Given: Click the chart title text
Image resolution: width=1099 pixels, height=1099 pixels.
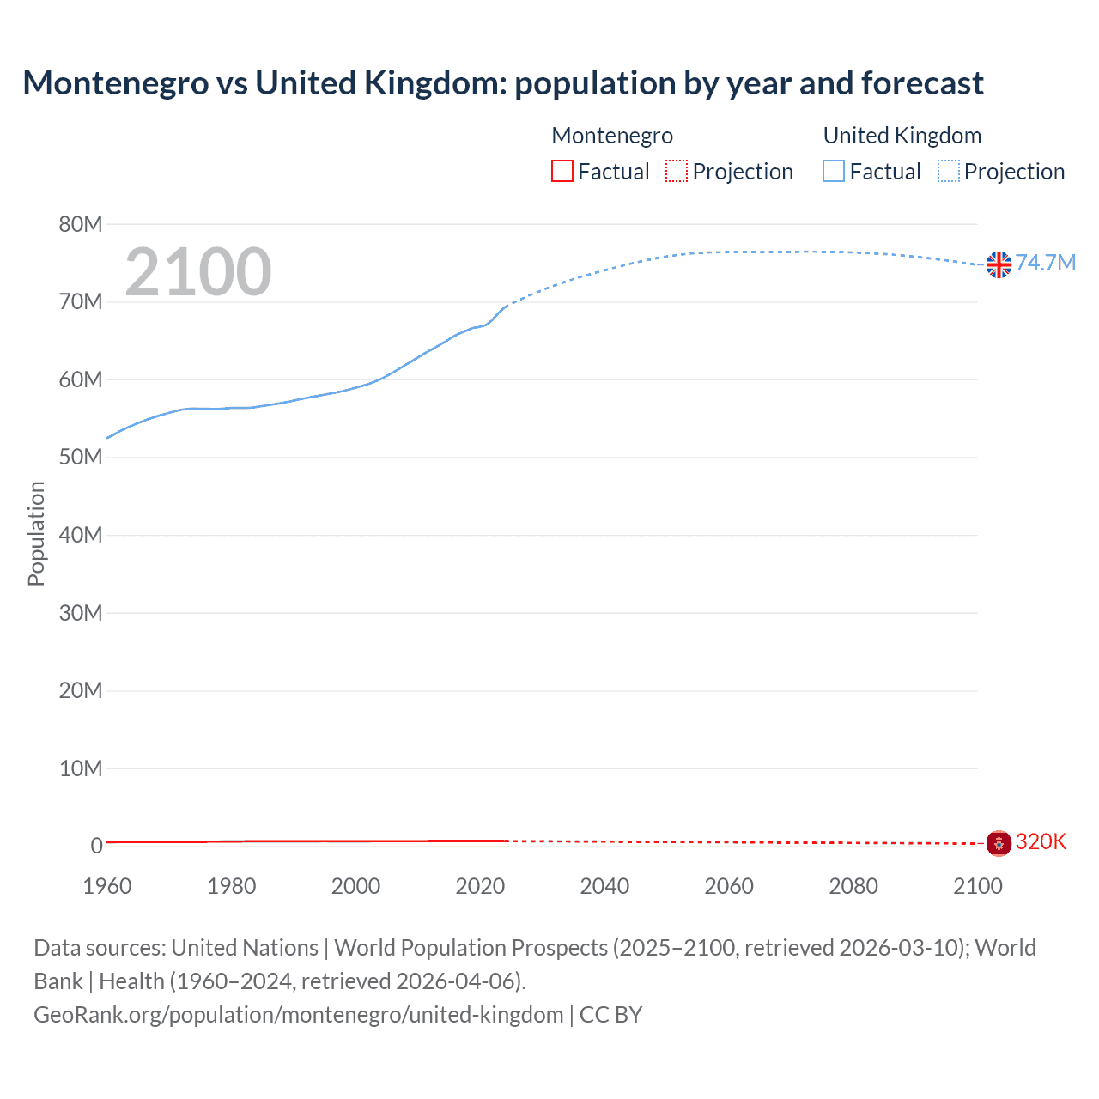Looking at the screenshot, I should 503,83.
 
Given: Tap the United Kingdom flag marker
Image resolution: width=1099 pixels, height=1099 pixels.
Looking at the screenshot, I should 999,264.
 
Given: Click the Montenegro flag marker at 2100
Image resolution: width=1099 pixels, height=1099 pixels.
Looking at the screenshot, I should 999,843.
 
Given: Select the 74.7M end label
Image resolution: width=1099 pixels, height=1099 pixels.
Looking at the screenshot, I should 1045,263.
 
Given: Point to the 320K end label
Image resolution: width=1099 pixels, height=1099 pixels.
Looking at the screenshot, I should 1041,841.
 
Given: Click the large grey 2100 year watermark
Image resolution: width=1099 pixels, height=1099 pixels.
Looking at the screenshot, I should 198,272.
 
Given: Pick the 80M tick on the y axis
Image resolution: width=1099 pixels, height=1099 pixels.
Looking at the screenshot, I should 81,224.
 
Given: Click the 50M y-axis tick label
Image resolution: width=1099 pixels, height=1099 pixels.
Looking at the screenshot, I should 81,457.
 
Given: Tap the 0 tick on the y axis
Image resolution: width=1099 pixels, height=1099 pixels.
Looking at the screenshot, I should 96,846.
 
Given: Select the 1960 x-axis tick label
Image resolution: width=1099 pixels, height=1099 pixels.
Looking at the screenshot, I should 107,886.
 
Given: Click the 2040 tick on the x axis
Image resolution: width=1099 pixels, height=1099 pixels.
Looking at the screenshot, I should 604,886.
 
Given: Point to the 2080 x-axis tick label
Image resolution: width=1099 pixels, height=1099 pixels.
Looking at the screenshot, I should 853,886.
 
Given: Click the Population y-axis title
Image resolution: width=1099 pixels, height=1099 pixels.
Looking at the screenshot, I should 36,533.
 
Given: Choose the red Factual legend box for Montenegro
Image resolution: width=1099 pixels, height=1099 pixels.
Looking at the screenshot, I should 562,171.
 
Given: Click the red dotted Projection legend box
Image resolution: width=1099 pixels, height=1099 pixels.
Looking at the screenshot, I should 677,171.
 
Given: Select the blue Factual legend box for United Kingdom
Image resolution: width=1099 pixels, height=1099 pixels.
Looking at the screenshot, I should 834,171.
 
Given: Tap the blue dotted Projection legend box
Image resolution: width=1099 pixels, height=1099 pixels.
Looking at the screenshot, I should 949,171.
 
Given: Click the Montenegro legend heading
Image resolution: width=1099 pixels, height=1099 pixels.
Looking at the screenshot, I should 612,136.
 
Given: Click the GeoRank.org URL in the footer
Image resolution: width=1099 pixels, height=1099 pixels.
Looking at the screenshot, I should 298,1015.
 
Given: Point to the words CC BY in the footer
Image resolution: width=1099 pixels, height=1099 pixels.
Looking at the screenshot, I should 610,1015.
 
